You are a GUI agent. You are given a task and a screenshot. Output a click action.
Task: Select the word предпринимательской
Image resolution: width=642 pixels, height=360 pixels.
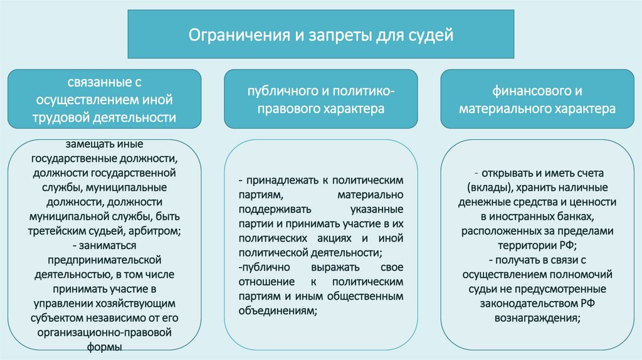tap(105, 260)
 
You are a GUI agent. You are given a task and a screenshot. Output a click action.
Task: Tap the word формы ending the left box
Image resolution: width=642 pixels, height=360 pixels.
tap(105, 346)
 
